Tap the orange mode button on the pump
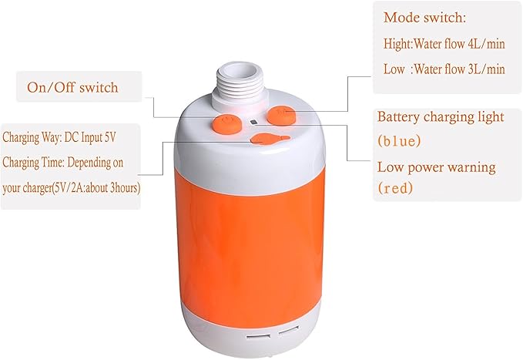[282, 115]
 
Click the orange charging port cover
[270, 140]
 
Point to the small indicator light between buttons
[253, 123]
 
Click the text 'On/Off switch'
[72, 88]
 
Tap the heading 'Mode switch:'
[424, 18]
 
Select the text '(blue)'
[399, 141]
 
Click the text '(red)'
[395, 188]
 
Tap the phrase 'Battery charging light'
[441, 117]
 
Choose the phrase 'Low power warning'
[436, 167]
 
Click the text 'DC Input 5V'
[90, 137]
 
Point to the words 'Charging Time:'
[34, 163]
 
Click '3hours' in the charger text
[125, 188]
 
